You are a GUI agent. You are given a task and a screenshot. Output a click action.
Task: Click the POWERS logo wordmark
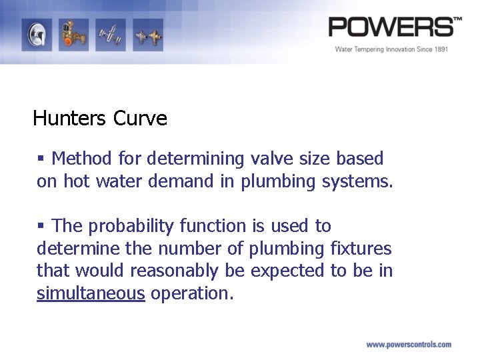tap(394, 27)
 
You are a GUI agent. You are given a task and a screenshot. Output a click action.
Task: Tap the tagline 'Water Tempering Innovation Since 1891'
tap(391, 49)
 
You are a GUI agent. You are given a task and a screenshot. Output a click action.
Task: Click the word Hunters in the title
tap(69, 119)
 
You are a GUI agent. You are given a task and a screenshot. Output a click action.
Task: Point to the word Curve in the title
tap(140, 119)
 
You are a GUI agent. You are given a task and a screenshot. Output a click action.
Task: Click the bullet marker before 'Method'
tap(41, 159)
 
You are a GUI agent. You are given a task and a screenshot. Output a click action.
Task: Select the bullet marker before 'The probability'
tap(41, 226)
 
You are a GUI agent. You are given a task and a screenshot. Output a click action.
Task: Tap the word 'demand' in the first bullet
tap(179, 181)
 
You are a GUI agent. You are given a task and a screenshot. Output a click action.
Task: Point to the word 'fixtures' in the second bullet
tap(361, 249)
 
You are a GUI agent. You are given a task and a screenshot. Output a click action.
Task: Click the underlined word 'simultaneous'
tap(91, 294)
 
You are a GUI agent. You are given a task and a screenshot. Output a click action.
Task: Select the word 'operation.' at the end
tap(192, 294)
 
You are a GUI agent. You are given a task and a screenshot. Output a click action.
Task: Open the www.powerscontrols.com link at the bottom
tap(408, 345)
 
